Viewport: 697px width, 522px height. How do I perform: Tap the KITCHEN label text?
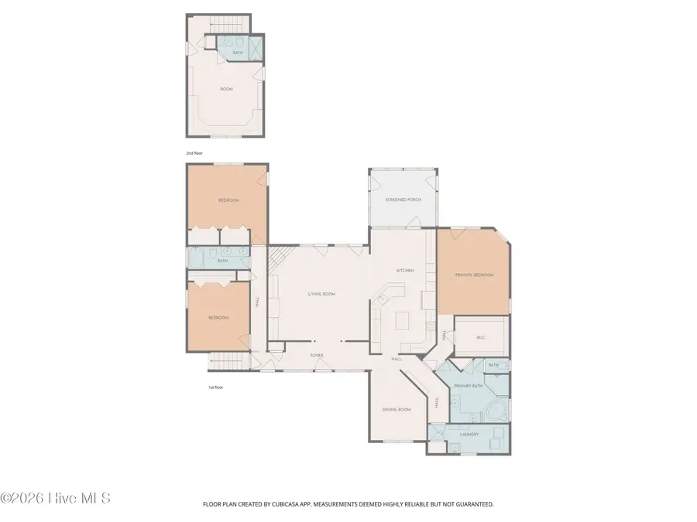[x=405, y=271]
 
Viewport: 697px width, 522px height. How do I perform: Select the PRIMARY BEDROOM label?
[x=474, y=275]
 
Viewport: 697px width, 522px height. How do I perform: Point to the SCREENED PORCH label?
[x=402, y=200]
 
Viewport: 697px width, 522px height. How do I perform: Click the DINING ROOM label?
[x=397, y=409]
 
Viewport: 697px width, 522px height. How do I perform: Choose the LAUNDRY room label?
[x=470, y=434]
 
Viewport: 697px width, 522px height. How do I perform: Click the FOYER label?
[x=317, y=356]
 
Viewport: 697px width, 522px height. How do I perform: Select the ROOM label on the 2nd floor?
[x=226, y=89]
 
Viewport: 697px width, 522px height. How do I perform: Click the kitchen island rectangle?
[x=403, y=319]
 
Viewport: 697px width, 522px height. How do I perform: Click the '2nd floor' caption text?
[x=194, y=153]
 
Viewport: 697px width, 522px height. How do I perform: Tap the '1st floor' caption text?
[x=215, y=387]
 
